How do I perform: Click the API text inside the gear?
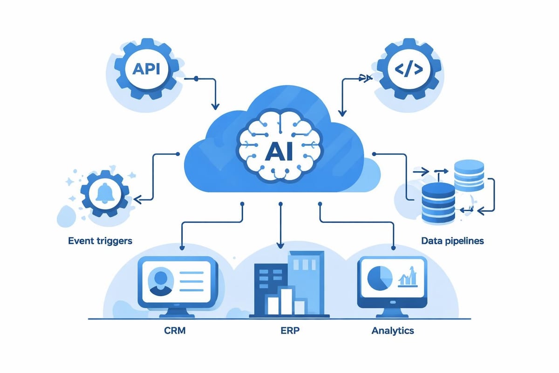(x=146, y=69)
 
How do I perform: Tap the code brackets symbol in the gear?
(x=409, y=69)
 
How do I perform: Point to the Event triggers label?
(x=101, y=241)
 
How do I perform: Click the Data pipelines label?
(x=452, y=241)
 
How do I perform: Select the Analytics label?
(x=393, y=331)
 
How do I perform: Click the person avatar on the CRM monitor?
(x=158, y=283)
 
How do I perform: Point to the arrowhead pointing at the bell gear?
(x=136, y=200)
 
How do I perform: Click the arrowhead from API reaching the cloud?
(x=215, y=107)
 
